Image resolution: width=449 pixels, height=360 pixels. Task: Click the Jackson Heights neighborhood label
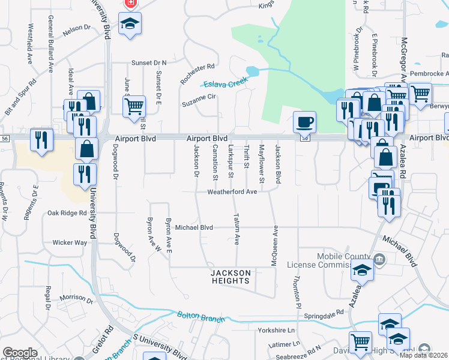point(231,277)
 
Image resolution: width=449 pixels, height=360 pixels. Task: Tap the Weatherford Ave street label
point(232,192)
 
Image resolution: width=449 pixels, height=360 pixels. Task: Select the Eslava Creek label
point(225,83)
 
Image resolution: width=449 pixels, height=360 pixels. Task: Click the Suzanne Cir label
point(199,104)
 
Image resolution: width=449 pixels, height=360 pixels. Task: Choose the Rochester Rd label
point(197,74)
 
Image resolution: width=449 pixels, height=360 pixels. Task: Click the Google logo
point(20,353)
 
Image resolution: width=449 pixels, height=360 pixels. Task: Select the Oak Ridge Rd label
point(67,212)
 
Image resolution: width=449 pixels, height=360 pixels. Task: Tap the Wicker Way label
point(70,242)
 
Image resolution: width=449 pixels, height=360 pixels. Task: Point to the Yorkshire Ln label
point(278,330)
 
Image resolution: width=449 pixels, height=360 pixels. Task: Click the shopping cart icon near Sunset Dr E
point(134,106)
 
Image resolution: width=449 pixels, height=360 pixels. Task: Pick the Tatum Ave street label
point(237,230)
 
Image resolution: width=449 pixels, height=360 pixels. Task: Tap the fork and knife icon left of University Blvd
point(41,140)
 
